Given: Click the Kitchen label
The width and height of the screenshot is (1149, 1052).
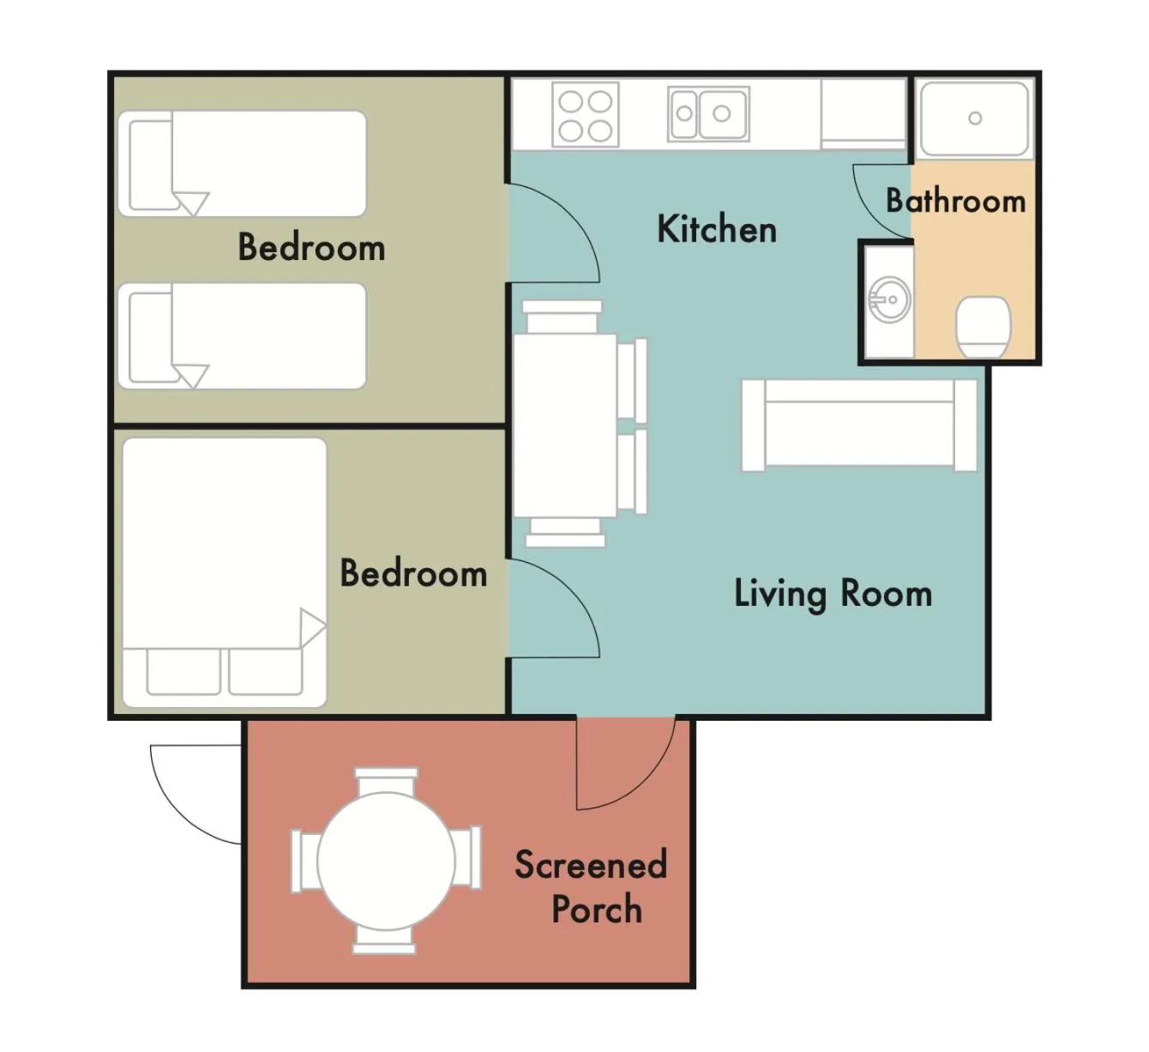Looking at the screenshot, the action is (x=717, y=229).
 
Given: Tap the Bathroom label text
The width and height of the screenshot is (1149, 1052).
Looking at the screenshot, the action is (x=955, y=201).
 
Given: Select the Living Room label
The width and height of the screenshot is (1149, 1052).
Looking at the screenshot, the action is (x=833, y=594).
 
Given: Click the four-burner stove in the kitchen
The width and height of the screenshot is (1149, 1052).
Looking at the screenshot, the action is (x=586, y=115).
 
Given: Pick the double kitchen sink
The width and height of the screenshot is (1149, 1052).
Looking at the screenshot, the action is (x=708, y=113).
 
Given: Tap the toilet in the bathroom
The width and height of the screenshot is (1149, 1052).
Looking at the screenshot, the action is (x=983, y=327).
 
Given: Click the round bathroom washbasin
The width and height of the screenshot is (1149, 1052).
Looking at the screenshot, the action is (x=888, y=299).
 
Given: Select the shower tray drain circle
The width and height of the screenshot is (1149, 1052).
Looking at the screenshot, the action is (x=975, y=118).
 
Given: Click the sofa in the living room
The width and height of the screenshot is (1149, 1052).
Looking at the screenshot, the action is (x=858, y=426).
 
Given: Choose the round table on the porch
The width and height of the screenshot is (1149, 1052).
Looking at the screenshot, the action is (x=386, y=861).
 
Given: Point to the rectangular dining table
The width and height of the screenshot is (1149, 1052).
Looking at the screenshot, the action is (x=565, y=426).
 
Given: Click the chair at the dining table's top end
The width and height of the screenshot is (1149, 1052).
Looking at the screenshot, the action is (x=562, y=316).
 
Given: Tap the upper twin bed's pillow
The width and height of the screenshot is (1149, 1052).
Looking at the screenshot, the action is (x=151, y=165).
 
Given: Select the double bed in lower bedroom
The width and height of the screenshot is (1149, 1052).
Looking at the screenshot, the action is (x=225, y=573).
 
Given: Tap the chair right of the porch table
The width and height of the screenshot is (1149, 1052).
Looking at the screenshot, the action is (x=468, y=858).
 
